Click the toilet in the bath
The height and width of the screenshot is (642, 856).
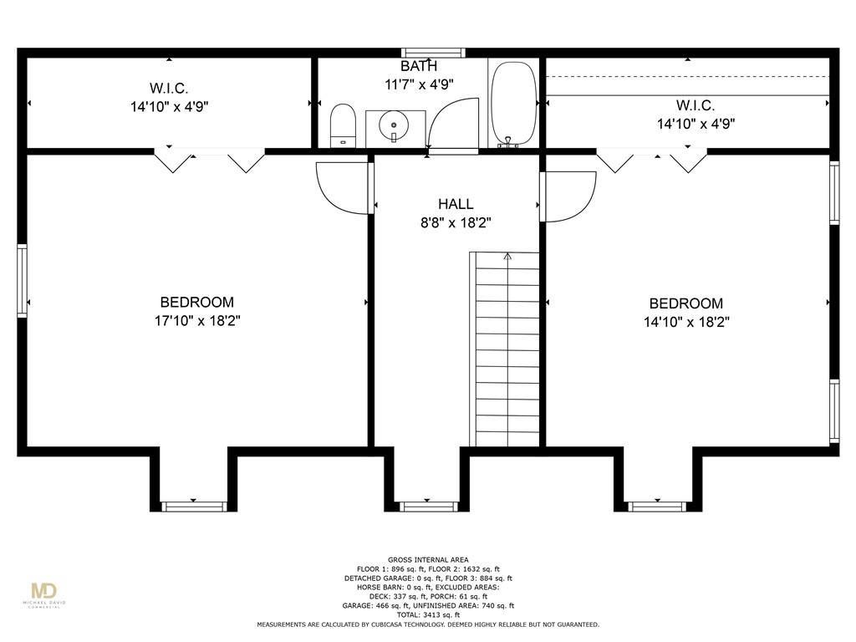coord(343,125)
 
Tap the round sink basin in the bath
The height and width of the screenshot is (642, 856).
coord(394,125)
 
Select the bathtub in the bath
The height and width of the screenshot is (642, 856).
coord(513,103)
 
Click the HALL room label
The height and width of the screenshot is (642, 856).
coord(456,204)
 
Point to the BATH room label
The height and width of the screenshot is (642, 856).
coord(419,66)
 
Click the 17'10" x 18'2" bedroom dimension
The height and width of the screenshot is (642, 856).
coord(197,320)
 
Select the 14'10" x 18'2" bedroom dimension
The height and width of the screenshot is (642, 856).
coord(686,322)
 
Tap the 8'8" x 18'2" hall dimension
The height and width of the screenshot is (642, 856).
coord(456,222)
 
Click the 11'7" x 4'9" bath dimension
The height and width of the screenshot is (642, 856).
coord(419,84)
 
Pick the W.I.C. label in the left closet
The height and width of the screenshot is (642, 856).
coord(169,88)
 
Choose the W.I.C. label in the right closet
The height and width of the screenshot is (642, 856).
coord(695,105)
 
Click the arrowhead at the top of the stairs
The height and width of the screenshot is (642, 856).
coord(507,256)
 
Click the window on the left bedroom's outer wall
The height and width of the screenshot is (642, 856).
coord(22,281)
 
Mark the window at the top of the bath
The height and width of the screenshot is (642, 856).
coord(434,53)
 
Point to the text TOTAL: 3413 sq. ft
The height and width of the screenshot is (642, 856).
coord(428,614)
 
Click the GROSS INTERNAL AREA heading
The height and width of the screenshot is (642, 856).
coord(428,559)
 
